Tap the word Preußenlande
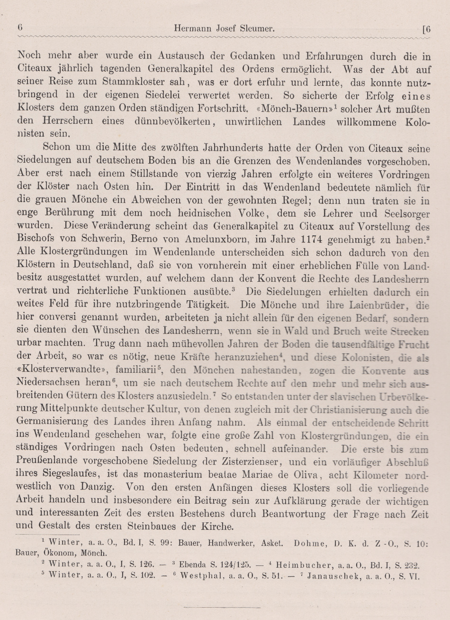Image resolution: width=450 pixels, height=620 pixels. (48, 461)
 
